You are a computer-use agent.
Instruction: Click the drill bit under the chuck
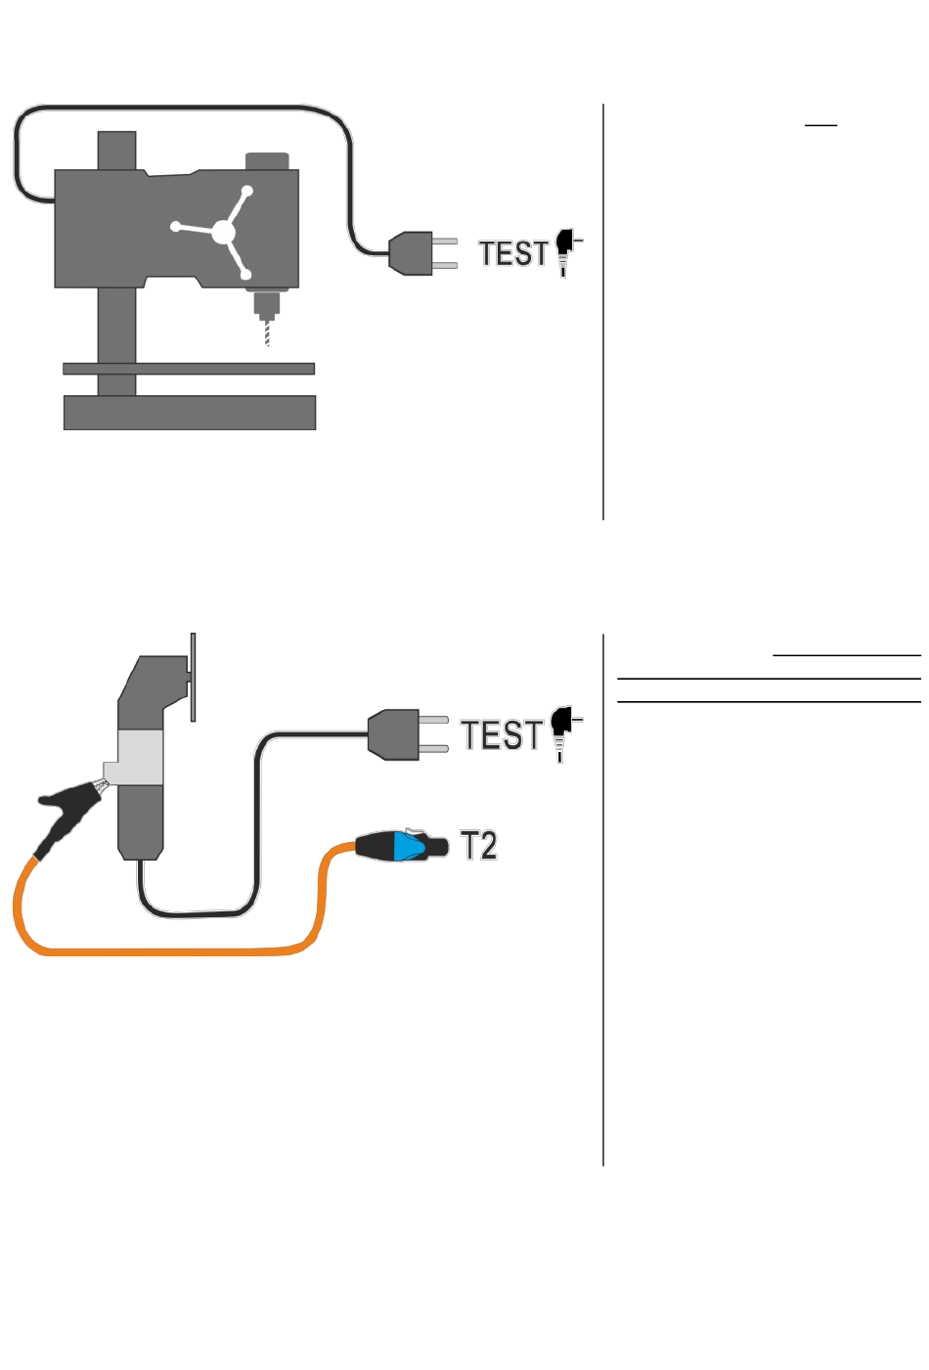[267, 333]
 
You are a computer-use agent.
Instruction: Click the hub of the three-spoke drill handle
[223, 233]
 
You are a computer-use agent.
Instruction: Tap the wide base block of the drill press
[190, 413]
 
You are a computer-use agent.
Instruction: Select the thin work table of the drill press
[189, 369]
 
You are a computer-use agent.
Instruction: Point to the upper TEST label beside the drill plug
[512, 253]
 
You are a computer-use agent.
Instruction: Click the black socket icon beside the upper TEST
[567, 252]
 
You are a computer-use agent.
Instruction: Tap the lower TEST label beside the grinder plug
[502, 734]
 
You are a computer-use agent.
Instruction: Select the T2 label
[478, 845]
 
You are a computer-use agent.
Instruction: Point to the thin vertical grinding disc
[194, 677]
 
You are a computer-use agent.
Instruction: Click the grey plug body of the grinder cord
[393, 734]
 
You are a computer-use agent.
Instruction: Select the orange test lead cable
[165, 951]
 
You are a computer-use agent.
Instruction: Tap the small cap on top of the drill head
[267, 160]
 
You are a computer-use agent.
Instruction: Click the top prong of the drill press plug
[445, 242]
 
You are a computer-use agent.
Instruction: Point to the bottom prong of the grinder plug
[433, 749]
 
